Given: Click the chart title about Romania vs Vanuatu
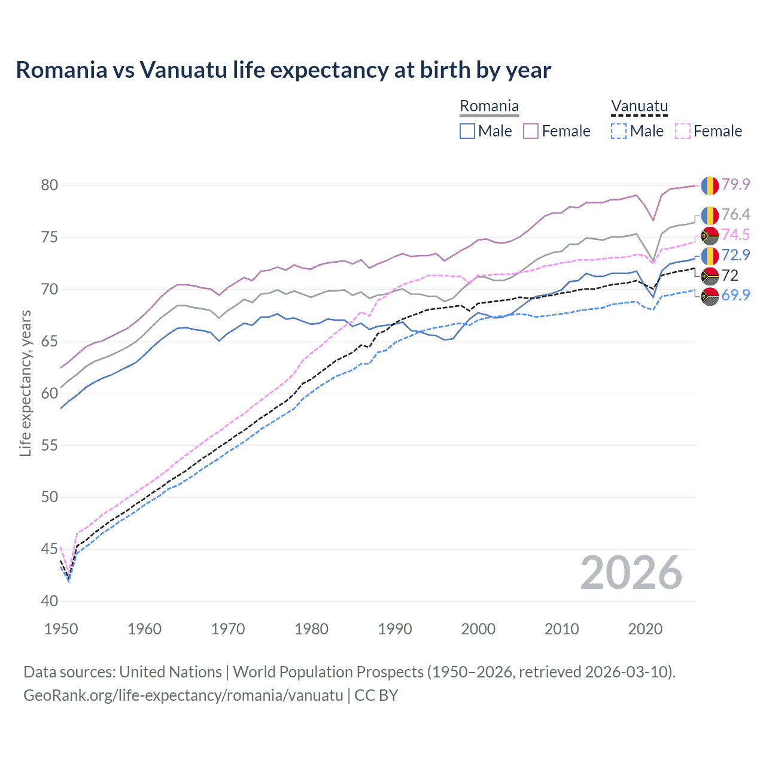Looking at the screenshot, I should pyautogui.click(x=283, y=70).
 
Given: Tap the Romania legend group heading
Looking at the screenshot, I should pyautogui.click(x=489, y=107).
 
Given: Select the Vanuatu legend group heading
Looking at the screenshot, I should pyautogui.click(x=639, y=107).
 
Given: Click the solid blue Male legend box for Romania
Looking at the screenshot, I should pyautogui.click(x=467, y=131).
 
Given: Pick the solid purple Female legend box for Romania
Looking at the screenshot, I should pyautogui.click(x=531, y=131).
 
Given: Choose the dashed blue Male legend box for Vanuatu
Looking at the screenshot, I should pyautogui.click(x=619, y=131).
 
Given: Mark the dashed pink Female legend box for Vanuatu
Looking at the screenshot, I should pyautogui.click(x=682, y=131).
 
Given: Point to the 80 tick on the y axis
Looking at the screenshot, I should pyautogui.click(x=50, y=185).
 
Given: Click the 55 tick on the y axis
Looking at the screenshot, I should pyautogui.click(x=50, y=445).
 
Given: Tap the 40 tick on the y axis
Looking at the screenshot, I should pyautogui.click(x=50, y=601).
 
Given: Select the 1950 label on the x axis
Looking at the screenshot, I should pyautogui.click(x=61, y=629).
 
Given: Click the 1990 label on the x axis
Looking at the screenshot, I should pyautogui.click(x=395, y=629).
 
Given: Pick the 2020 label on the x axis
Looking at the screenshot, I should pyautogui.click(x=645, y=629).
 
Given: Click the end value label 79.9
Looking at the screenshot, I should pyautogui.click(x=735, y=184).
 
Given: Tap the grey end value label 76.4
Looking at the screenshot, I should pyautogui.click(x=735, y=214).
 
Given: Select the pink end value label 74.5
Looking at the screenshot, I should pyautogui.click(x=735, y=235).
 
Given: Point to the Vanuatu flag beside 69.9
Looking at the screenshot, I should pyautogui.click(x=710, y=296).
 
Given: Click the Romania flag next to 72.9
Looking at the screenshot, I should pyautogui.click(x=710, y=256).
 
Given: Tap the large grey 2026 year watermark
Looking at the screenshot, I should pyautogui.click(x=631, y=573).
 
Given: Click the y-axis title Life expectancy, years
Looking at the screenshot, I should pyautogui.click(x=25, y=383).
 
